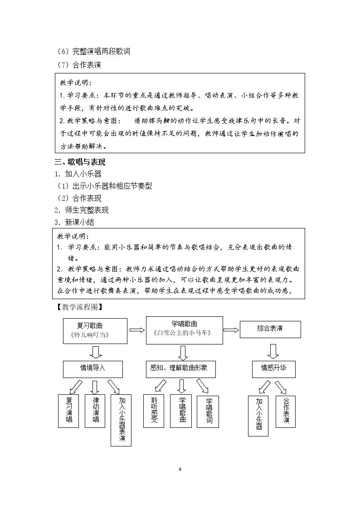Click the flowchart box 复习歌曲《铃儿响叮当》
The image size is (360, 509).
pos(95,331)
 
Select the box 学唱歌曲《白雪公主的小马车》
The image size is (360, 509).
pos(185,330)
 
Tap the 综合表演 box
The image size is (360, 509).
pos(270,329)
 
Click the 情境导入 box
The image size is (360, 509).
pos(93,369)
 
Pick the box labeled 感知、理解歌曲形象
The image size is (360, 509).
pos(180,369)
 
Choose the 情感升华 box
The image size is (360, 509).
pos(274,369)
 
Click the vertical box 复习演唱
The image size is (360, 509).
pos(68,411)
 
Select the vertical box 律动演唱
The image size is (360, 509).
pos(95,411)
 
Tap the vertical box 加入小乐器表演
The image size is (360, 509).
pos(121,420)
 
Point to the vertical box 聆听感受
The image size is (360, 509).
pos(154,411)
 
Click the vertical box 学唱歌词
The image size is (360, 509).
pos(208,412)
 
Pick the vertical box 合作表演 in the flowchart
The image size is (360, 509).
pos(286,412)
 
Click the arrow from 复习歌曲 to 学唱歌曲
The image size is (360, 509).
pos(137,330)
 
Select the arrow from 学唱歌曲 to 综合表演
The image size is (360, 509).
pos(231,330)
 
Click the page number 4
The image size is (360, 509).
pos(180,469)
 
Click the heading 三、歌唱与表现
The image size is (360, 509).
pos(80,162)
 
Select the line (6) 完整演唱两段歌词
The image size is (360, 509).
pos(93,51)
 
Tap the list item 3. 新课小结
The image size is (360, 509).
pos(74,223)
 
